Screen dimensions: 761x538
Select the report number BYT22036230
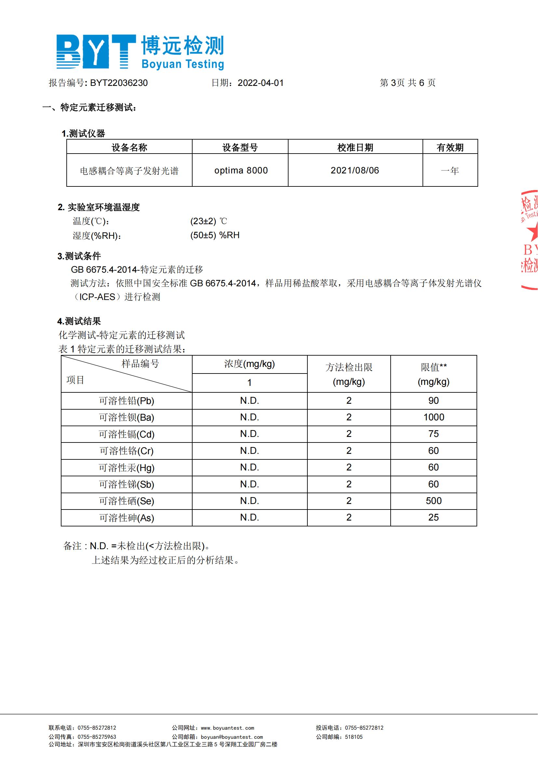(x=119, y=83)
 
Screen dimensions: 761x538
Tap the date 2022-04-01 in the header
(x=261, y=83)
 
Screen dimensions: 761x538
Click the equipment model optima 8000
(x=241, y=170)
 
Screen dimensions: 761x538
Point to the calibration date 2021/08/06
(x=355, y=170)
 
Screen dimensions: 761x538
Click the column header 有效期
(x=450, y=147)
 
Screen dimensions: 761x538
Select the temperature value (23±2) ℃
(x=209, y=221)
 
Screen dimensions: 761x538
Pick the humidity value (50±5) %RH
(x=215, y=235)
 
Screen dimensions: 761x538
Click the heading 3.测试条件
(x=79, y=256)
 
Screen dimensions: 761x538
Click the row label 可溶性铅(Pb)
(x=127, y=401)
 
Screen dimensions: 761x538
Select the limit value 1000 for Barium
(x=434, y=417)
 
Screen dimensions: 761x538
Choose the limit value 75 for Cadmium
(x=433, y=434)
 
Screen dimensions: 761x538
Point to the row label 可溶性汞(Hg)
(x=127, y=468)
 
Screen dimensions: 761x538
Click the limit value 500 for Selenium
(x=433, y=501)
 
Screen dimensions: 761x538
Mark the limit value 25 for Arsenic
(x=433, y=517)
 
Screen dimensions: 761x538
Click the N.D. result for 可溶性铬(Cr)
(x=249, y=451)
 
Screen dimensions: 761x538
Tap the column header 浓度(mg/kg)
(x=249, y=364)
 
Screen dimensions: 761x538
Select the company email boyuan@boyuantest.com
(x=232, y=737)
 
